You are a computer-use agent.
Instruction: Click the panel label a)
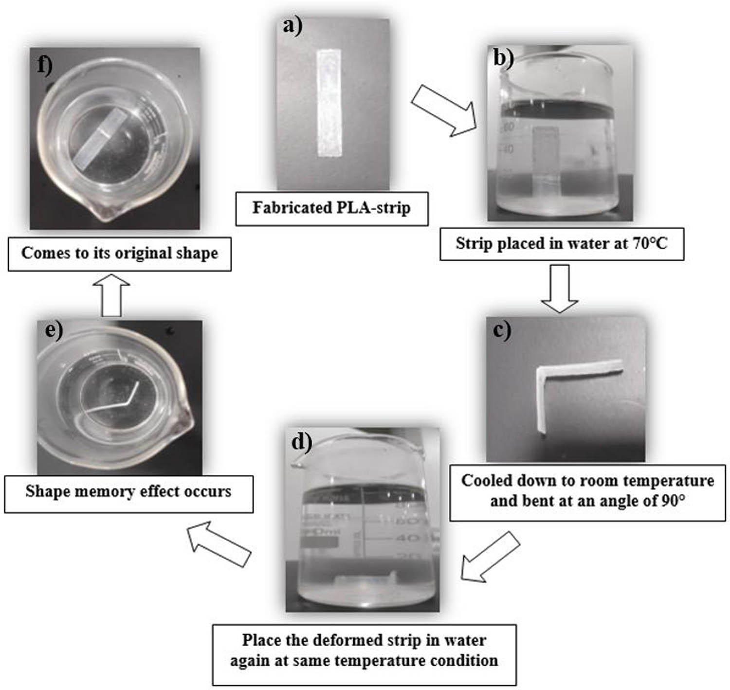click(x=292, y=26)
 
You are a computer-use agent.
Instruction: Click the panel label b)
click(x=503, y=58)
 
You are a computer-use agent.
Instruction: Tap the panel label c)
click(x=502, y=330)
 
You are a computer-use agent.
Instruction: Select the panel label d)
click(x=301, y=441)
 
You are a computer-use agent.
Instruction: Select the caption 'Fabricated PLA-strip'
click(x=331, y=208)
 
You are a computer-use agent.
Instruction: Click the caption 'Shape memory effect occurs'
click(x=128, y=491)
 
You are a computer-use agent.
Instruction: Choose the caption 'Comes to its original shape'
click(x=120, y=253)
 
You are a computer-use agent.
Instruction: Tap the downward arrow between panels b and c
click(x=560, y=289)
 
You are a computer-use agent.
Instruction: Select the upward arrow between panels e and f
click(x=111, y=295)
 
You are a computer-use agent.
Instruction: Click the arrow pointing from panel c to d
click(x=490, y=556)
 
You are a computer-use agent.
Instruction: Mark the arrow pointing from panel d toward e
click(x=219, y=544)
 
